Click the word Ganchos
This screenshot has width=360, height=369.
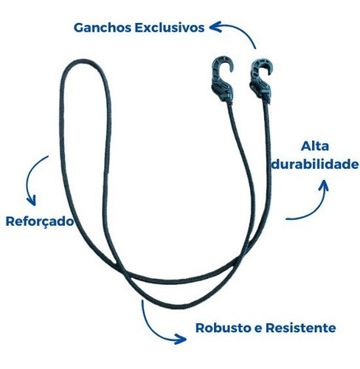click(103, 27)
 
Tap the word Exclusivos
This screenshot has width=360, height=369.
click(170, 27)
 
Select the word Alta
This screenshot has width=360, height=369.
click(315, 146)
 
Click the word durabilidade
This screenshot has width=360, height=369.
click(315, 164)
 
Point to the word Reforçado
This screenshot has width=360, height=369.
click(40, 221)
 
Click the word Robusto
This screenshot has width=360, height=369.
click(224, 328)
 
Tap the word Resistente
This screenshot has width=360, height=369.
click(301, 328)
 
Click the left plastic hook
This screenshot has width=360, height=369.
click(223, 79)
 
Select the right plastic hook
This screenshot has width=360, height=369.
click(261, 79)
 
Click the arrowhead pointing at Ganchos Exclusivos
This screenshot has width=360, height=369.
click(215, 27)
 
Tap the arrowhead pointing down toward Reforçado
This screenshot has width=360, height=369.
click(32, 201)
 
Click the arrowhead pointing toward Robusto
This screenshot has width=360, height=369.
click(181, 339)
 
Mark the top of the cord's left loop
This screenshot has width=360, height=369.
click(83, 61)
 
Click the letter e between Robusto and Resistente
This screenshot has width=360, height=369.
click(259, 328)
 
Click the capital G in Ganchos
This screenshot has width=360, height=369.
click(79, 27)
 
